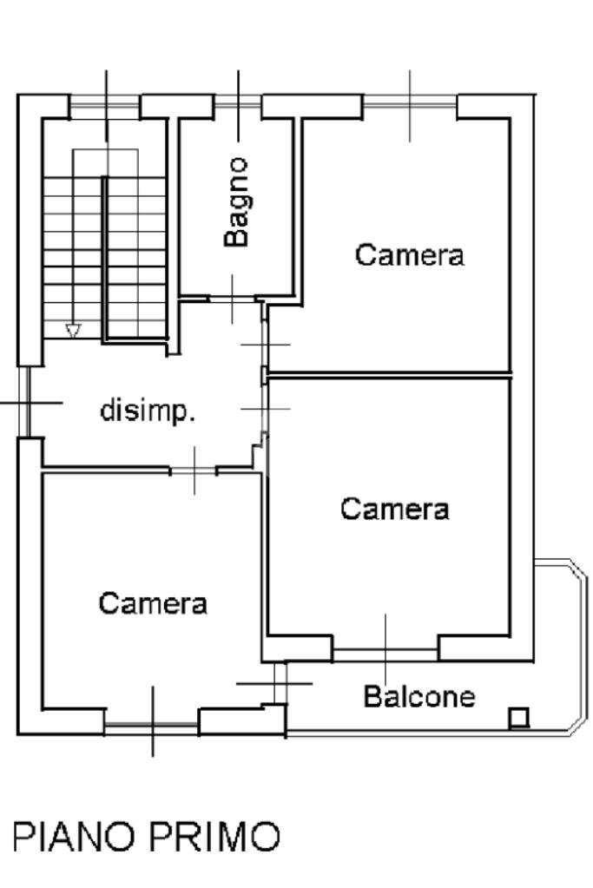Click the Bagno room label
pos(236,202)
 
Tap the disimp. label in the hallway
pos(148,411)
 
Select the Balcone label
pos(419,696)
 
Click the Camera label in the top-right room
pos(410,255)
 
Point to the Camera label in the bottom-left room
pos(153,603)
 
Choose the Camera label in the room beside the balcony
pos(395,509)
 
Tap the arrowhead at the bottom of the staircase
pos(73,330)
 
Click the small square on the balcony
pos(518,718)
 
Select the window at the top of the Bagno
pos(238,101)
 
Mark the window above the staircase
pos(105,101)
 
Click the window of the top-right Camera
pos(410,102)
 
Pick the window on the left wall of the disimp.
pos(23,402)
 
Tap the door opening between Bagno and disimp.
pos(232,298)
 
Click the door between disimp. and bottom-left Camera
pos(194,470)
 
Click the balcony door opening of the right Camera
pos(385,655)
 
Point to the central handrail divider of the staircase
pos(105,260)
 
